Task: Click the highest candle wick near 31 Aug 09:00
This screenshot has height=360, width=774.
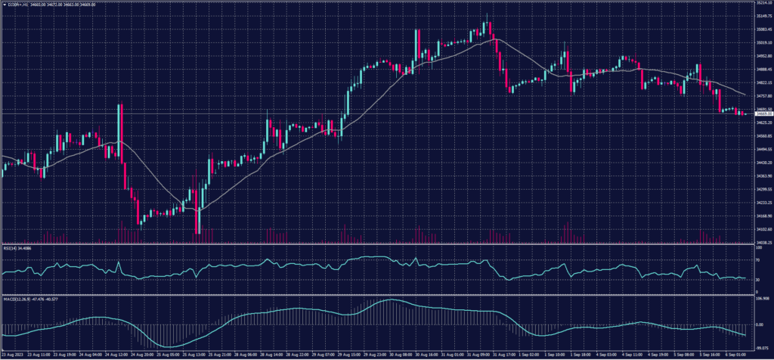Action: point(488,15)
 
